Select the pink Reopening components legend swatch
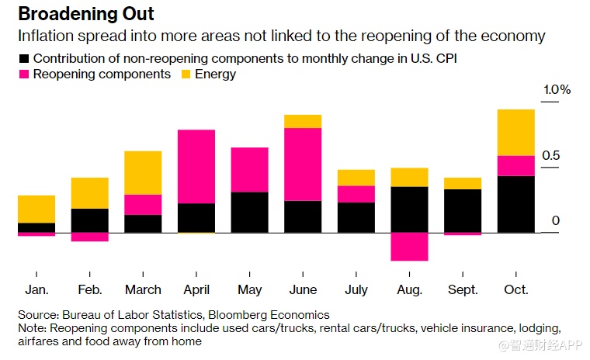coord(23,74)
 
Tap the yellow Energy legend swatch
coord(186,74)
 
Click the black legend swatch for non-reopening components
coord(23,58)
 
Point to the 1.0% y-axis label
coord(556,90)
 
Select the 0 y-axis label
coord(556,221)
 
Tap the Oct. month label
coord(516,290)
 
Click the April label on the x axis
coord(196,290)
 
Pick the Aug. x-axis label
coord(409,290)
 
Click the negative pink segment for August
coord(409,247)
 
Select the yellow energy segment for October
coord(516,133)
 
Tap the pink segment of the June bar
coord(303,164)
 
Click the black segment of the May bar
coord(250,212)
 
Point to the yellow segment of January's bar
coord(36,209)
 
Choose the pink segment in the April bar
coord(196,167)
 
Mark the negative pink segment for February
coord(90,237)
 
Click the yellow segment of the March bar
coord(143,172)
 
